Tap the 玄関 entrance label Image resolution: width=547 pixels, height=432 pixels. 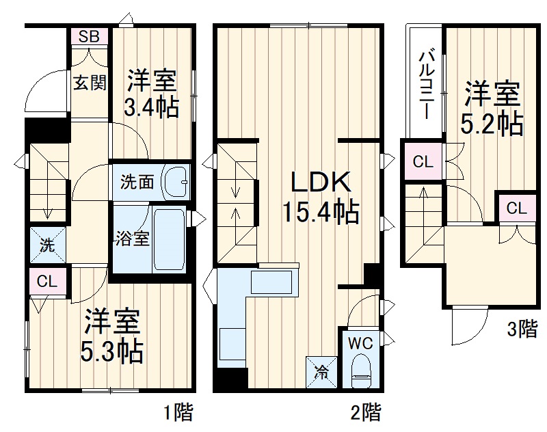point(90,83)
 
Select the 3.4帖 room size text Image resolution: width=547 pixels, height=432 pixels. point(151,107)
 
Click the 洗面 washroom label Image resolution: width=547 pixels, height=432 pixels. point(137,183)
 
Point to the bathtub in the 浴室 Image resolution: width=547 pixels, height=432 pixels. point(168,239)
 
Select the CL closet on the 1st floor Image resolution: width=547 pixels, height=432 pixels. point(46,281)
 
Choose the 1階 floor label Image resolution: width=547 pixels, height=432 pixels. point(178,412)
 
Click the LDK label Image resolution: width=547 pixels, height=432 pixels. point(321,183)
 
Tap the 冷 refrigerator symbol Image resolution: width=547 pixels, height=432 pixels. point(321,373)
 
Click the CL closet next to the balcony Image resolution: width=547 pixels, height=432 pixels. point(423,162)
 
